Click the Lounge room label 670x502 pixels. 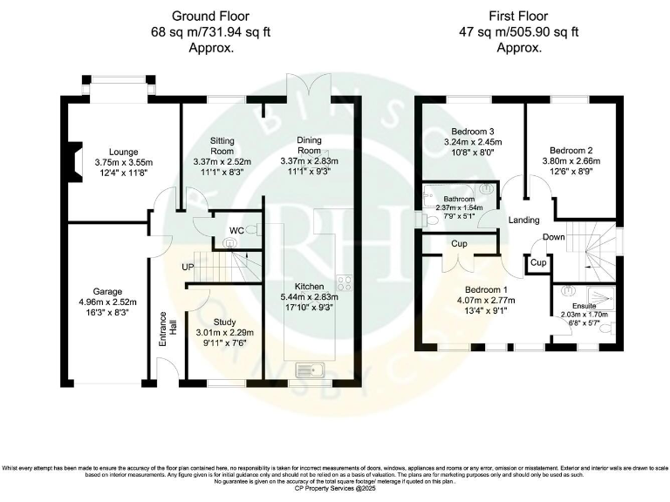(x=112, y=150)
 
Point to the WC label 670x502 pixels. (x=236, y=230)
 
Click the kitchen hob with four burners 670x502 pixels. (x=344, y=282)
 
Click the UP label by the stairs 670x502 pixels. (x=188, y=267)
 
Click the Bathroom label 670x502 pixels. (x=457, y=198)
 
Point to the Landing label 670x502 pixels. (x=524, y=220)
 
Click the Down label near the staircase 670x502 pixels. (x=553, y=237)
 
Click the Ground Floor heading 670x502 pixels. (x=210, y=16)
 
